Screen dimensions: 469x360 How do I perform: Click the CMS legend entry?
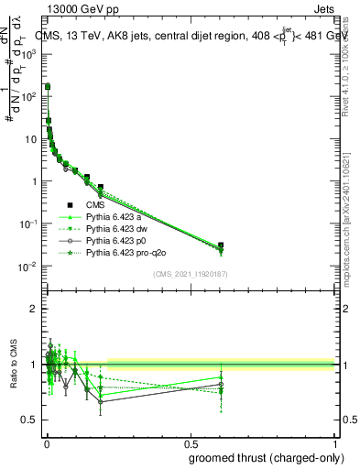pos(85,205)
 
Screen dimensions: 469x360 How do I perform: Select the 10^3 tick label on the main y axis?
pos(28,53)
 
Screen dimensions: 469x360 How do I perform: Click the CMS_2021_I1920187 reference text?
pos(189,273)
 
